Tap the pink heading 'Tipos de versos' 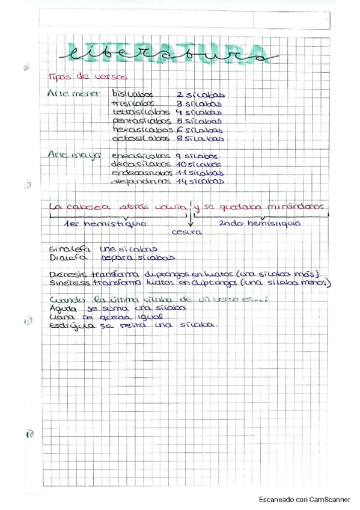[87, 77]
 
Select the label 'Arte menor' [73, 94]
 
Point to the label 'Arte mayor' [73, 155]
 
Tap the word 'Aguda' [63, 308]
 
